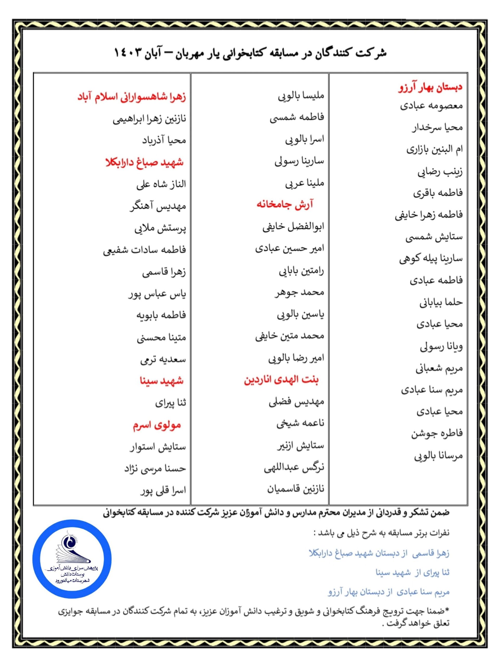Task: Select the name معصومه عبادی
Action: [431, 106]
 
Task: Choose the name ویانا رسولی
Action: [441, 346]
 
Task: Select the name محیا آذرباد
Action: [164, 140]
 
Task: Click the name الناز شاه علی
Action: [161, 184]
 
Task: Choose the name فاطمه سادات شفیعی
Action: [144, 249]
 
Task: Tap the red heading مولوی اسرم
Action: [157, 425]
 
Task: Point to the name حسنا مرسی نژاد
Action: [155, 469]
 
